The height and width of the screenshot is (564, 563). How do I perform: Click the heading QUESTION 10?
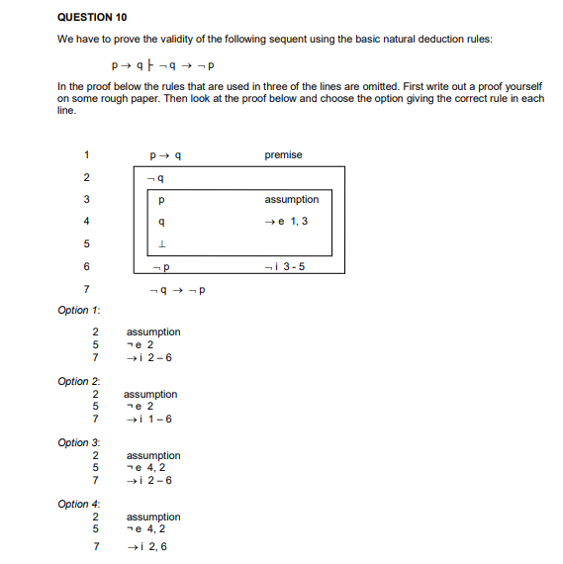[x=92, y=18]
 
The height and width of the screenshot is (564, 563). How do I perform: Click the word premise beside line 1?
[x=283, y=154]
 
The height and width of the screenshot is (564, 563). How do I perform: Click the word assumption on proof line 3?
[x=291, y=199]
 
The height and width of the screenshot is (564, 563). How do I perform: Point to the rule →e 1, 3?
[x=287, y=221]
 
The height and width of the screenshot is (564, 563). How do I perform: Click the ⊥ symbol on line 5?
[x=163, y=244]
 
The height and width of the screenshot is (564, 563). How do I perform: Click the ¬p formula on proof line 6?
[x=163, y=267]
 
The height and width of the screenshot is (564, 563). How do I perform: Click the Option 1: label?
[x=79, y=311]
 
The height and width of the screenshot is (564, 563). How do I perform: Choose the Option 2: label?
[x=79, y=381]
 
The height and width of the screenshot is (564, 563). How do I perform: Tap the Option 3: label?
[x=79, y=442]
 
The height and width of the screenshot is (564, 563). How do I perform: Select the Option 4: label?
[x=79, y=504]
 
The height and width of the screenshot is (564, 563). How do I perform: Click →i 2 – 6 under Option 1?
[x=149, y=357]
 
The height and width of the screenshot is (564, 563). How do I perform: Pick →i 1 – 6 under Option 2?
[x=149, y=419]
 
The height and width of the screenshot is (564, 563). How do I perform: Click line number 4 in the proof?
[x=87, y=221]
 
